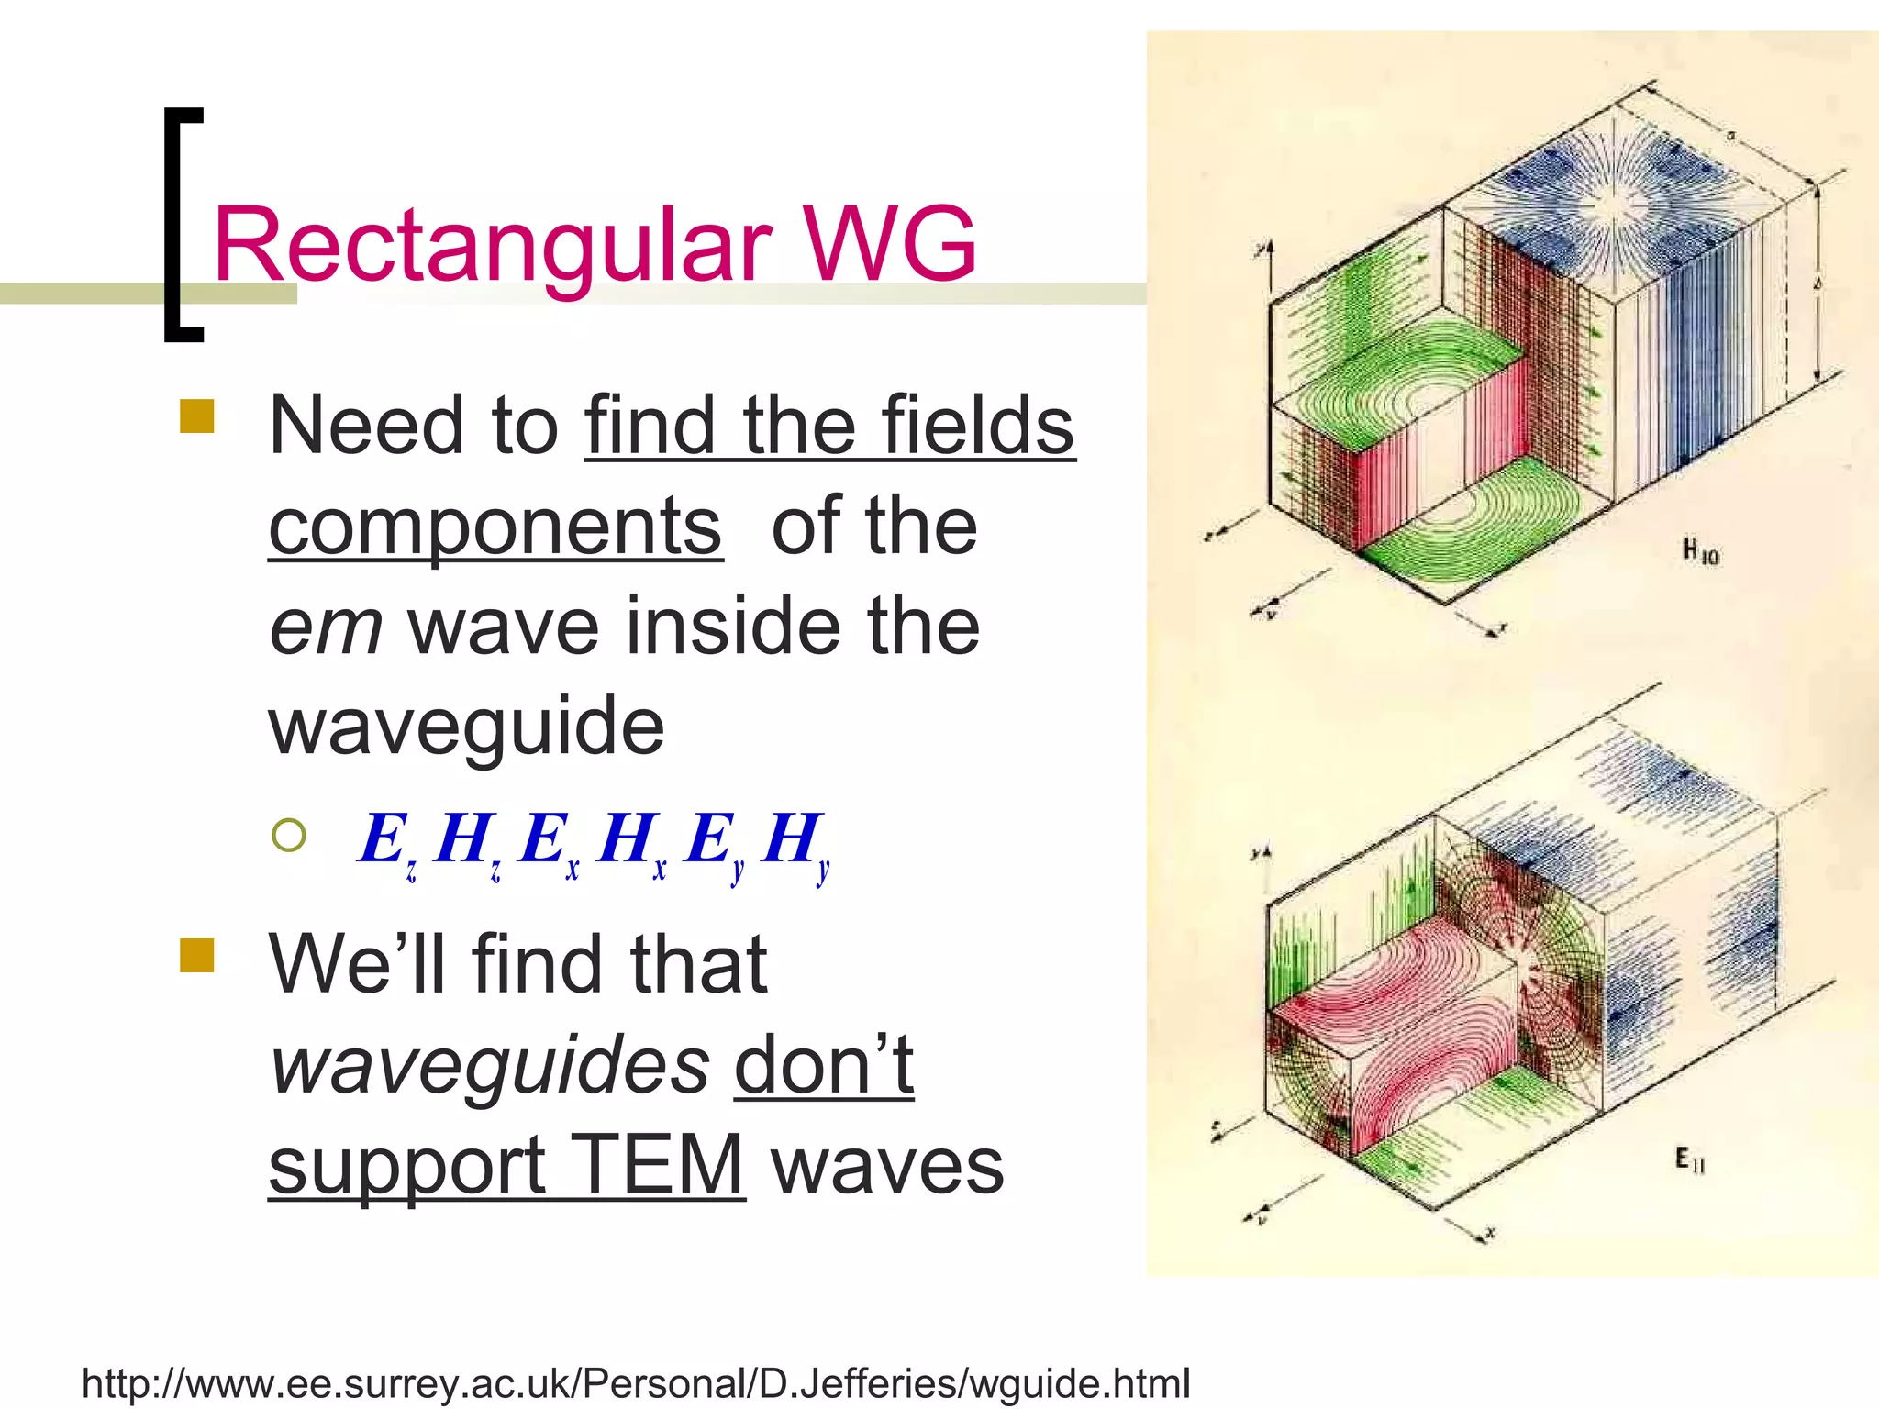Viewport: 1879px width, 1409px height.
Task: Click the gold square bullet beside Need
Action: (197, 416)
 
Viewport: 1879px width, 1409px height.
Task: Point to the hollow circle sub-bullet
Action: (289, 835)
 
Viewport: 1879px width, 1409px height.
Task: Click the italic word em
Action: (326, 626)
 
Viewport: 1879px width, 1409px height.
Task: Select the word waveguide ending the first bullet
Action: (466, 727)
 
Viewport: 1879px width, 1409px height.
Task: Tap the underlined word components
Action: (495, 527)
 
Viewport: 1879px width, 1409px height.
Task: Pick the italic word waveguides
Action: (490, 1064)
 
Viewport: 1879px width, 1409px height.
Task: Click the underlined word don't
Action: (823, 1064)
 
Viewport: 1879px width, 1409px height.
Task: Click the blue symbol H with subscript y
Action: (795, 842)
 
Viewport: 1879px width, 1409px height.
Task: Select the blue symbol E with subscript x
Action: (547, 842)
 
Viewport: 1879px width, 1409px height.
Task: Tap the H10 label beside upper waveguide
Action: (1700, 551)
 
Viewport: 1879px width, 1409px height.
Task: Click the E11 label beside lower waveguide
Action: (1688, 1160)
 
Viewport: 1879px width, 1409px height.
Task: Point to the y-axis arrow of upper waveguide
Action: (1271, 261)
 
